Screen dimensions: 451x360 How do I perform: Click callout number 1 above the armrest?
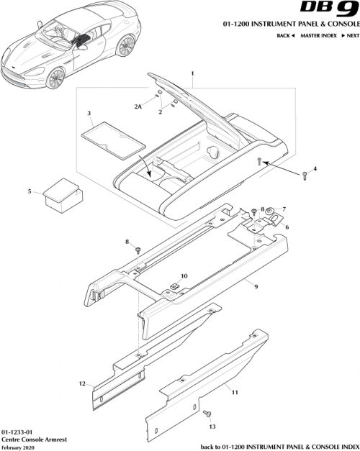click(192, 74)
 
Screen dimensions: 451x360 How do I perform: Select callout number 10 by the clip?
click(184, 276)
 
